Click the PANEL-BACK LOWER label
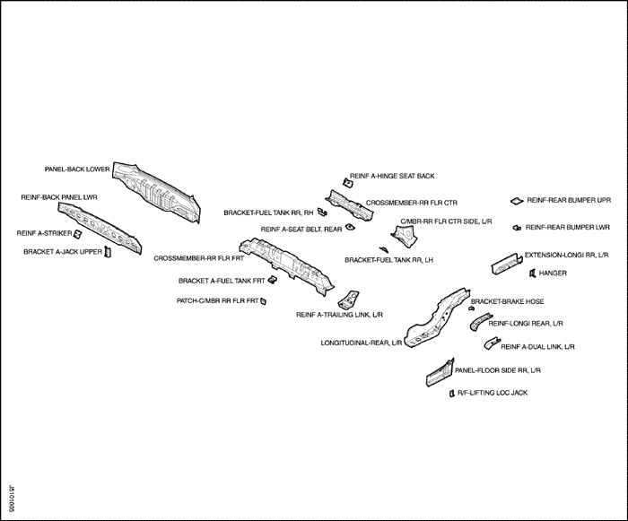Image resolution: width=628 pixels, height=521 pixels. [77, 168]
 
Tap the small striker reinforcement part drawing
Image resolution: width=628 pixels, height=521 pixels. [78, 235]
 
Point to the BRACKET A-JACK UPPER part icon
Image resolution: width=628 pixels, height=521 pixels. [107, 251]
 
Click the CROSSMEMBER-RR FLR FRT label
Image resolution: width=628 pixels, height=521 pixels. [193, 258]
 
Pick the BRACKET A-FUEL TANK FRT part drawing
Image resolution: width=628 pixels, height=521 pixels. [272, 280]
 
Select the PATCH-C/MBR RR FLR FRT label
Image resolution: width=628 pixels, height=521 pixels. [217, 300]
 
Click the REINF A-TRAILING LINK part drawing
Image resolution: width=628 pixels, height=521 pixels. [348, 299]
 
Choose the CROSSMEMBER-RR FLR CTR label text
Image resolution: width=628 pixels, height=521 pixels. [412, 204]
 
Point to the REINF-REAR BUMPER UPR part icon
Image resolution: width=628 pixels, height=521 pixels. [516, 200]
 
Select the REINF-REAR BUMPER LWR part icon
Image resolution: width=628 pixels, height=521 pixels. [517, 228]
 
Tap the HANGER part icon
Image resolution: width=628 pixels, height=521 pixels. [532, 273]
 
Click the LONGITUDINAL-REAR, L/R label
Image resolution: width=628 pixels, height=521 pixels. [361, 343]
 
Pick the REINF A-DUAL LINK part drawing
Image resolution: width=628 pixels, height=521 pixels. [491, 343]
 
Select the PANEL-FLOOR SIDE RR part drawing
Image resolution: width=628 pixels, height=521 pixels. [438, 371]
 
